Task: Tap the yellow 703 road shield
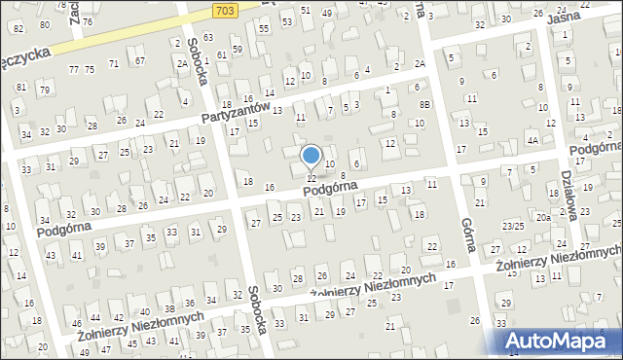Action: coord(224,9)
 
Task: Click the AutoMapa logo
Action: coord(560,340)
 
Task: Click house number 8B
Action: coord(424,104)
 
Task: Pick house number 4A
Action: coord(532,140)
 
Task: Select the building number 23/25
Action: coord(513,226)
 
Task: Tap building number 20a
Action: coord(542,218)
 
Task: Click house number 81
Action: coord(20,87)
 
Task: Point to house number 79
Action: coord(44,90)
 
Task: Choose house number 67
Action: coord(140,61)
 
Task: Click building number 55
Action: coord(264,30)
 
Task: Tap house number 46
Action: coord(77,323)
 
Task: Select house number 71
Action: coord(114,63)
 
